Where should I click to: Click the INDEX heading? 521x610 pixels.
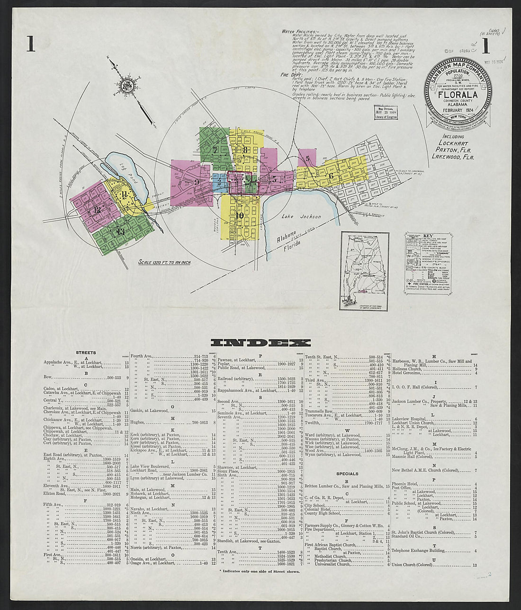pos(260,342)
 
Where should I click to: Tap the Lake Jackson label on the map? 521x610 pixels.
pos(301,217)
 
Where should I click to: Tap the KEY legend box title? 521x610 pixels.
pos(428,235)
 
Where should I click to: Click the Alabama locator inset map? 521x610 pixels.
pos(364,271)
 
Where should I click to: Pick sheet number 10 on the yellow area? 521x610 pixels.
pos(240,215)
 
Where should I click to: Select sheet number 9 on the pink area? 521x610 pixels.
pos(196,181)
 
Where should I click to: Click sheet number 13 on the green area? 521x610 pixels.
pos(120,231)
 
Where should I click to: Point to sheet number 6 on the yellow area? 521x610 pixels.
pos(331,176)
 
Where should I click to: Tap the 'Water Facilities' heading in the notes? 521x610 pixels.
pos(296,31)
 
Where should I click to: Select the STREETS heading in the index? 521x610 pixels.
pos(86,353)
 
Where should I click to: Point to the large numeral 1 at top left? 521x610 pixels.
pos(31,44)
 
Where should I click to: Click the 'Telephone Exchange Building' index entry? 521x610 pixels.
pos(418,551)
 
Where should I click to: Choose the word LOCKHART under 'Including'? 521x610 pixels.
pos(453,143)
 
